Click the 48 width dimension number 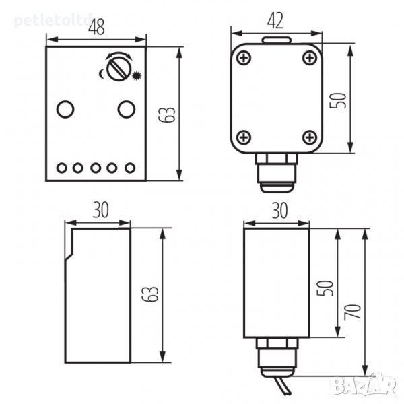96,26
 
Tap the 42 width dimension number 275,21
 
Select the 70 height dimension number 353,312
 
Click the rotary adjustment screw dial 119,69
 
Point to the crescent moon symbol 102,73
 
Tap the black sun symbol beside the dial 137,75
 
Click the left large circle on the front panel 65,109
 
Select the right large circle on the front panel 127,109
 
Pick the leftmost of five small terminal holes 62,168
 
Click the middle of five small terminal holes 96,168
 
